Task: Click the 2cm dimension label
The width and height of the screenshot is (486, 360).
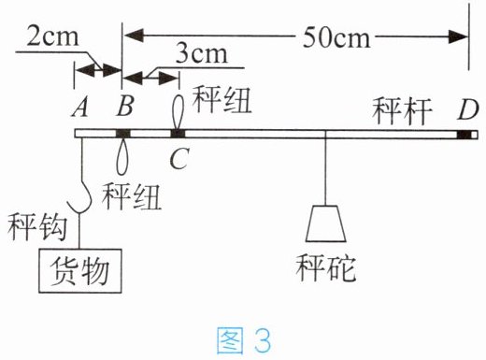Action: [x=52, y=36]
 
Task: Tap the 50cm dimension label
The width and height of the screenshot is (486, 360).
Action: [x=336, y=37]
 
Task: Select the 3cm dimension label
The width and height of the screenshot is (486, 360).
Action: [x=202, y=53]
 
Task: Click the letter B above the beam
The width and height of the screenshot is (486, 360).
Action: [x=125, y=106]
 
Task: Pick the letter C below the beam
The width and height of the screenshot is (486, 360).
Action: [x=179, y=158]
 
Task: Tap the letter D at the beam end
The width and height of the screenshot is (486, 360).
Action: [x=468, y=109]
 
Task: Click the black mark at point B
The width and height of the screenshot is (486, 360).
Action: [x=123, y=134]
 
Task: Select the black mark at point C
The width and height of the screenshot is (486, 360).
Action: [x=178, y=134]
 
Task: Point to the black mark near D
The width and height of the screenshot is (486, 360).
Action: [x=464, y=135]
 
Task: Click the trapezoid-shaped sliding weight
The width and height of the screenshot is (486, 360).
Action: [x=325, y=223]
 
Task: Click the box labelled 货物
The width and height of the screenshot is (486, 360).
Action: [x=80, y=271]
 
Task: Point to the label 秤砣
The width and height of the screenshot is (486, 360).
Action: [x=326, y=267]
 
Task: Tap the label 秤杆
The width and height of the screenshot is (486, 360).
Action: [x=402, y=111]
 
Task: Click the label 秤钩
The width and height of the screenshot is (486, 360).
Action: [x=37, y=226]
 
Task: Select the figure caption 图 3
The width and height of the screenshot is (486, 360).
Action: [x=244, y=339]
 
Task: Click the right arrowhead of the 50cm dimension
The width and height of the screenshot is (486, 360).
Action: [x=458, y=36]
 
